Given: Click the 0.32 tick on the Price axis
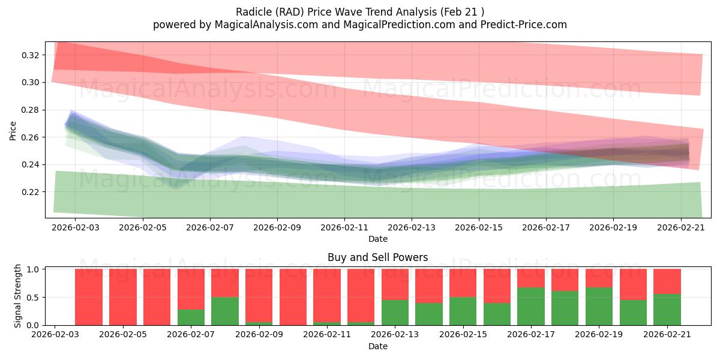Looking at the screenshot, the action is pos(31,55).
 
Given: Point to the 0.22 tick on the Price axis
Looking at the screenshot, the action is pos(31,192).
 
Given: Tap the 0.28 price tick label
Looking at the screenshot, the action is pos(31,110).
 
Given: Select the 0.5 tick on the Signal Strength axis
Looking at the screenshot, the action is pos(33,298).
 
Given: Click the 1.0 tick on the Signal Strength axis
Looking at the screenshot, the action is pos(33,269).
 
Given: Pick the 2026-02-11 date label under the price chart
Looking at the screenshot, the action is pos(344,227).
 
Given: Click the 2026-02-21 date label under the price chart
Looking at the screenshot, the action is pos(681,227).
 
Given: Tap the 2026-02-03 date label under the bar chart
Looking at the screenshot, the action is pos(55,334).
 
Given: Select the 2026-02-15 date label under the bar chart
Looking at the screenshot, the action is pos(463,334).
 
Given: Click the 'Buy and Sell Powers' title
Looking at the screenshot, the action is pos(377,257).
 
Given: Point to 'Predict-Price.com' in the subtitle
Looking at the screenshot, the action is pos(524,25).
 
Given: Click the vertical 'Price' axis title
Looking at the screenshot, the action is pos(13,131).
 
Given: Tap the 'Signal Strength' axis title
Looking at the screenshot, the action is pos(17,296).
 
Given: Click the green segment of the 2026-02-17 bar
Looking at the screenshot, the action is pos(531,307).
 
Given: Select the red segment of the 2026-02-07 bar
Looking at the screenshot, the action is pos(191,289).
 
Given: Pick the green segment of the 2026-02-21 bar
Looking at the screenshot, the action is pos(667,310).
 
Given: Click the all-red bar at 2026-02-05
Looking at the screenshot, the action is pos(123,297).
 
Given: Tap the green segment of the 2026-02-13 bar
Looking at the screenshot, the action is pos(395,313).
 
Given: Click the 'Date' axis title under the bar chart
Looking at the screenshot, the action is pos(377,346).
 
